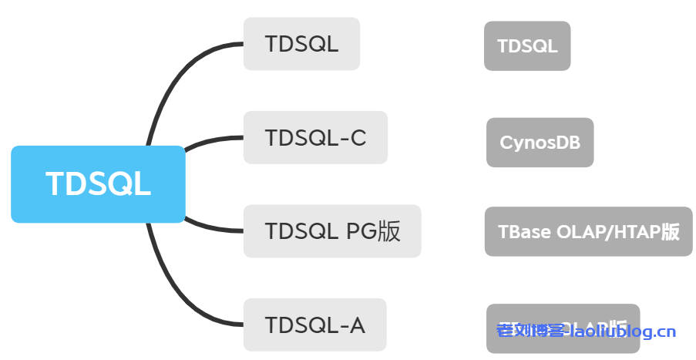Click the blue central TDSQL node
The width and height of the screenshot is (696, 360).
tap(98, 184)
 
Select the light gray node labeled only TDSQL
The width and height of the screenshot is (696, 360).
tap(301, 44)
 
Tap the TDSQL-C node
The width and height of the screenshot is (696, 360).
tap(314, 138)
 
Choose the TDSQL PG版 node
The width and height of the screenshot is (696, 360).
tap(332, 231)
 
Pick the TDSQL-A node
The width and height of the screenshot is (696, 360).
tap(314, 325)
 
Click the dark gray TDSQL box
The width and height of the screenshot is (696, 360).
tap(527, 46)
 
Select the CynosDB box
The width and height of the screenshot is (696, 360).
tap(540, 143)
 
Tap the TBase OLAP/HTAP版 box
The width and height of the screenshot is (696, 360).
tap(588, 231)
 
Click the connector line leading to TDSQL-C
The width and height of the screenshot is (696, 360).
tap(212, 140)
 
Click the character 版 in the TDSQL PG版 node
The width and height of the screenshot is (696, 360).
tap(389, 231)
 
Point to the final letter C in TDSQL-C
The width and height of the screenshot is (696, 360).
tap(357, 138)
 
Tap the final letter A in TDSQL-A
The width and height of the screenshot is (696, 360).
tap(356, 325)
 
